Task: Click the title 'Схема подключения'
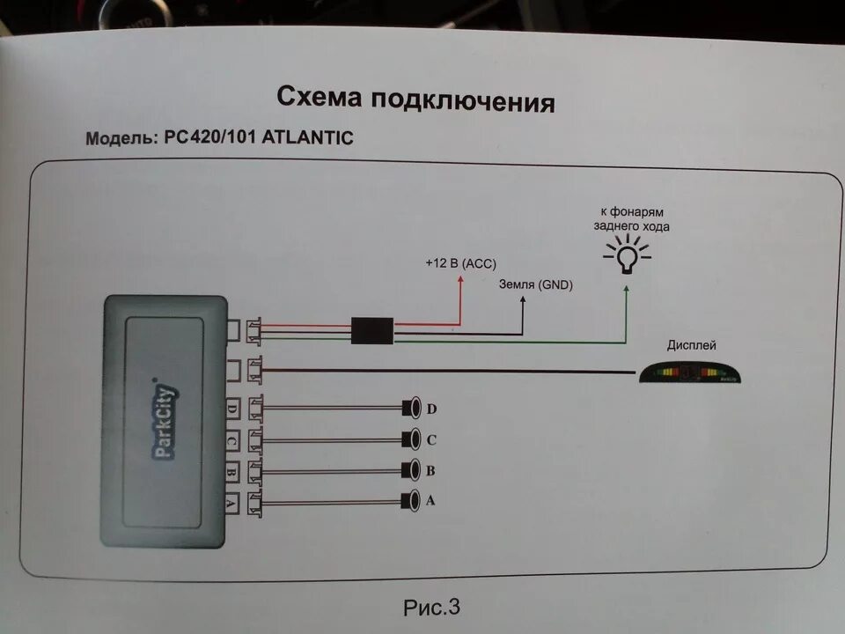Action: pos(415,99)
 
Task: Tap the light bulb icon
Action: pos(627,256)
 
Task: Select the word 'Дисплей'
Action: pos(691,345)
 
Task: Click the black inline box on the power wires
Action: pos(372,331)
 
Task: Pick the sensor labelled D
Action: pos(410,409)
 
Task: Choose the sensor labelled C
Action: pos(410,439)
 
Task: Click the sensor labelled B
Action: pos(410,469)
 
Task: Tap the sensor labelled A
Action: pos(410,501)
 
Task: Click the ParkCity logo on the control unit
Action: pos(164,422)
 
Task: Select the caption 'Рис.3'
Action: pos(431,607)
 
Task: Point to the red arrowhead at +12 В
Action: pos(460,281)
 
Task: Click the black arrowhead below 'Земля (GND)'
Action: pos(523,299)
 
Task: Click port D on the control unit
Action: pos(231,409)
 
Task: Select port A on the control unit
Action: pos(231,504)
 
